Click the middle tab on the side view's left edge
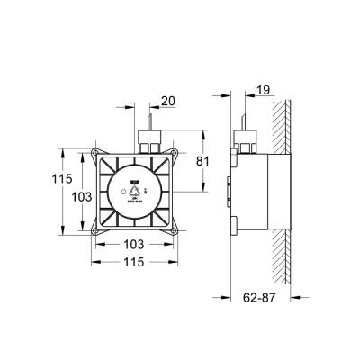click(x=231, y=190)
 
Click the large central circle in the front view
click(x=134, y=193)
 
